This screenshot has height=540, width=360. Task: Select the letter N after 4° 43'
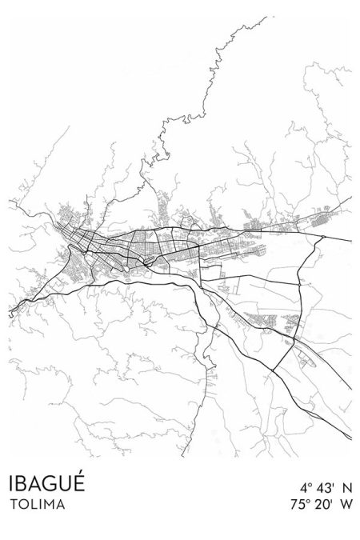347,487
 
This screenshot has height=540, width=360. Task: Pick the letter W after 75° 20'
346,505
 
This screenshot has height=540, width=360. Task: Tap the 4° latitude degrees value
306,487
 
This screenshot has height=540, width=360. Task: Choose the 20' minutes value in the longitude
323,505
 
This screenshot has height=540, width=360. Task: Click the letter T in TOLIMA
14,505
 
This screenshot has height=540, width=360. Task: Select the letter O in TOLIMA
23,505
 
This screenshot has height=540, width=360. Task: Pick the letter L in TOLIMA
33,505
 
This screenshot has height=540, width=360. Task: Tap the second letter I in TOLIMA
39,505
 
